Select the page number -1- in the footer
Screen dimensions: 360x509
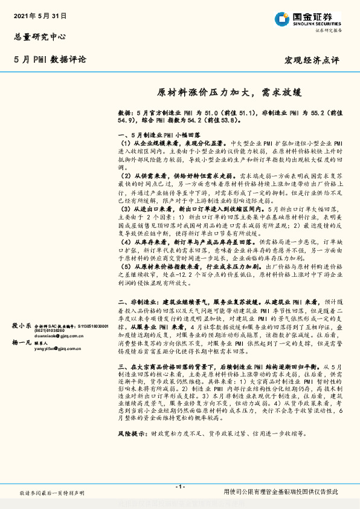(179, 487)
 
